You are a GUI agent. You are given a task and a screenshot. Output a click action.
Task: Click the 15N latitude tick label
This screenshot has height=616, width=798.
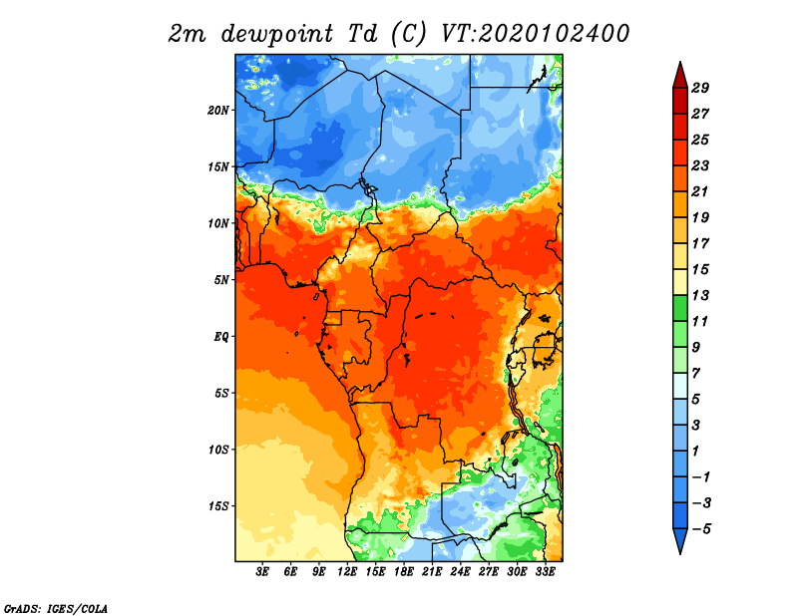tap(218, 166)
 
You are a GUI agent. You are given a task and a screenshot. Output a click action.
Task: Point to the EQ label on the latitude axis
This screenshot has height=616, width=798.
tap(221, 336)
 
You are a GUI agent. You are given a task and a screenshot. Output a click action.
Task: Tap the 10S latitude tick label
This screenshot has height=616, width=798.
tap(218, 450)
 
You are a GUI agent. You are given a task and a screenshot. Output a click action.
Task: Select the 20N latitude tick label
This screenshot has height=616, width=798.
tap(218, 111)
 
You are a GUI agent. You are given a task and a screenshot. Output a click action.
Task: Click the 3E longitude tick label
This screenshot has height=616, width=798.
tap(262, 572)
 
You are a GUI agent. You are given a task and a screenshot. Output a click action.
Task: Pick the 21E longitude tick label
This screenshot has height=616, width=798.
tap(432, 572)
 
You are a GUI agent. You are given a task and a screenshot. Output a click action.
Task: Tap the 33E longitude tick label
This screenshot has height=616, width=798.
tap(545, 572)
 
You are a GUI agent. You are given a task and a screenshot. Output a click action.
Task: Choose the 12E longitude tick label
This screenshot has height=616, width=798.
tap(347, 572)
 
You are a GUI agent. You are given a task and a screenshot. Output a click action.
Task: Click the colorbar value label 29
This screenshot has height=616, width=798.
tap(700, 88)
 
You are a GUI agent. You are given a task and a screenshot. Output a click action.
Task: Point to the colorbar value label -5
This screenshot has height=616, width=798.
tap(701, 529)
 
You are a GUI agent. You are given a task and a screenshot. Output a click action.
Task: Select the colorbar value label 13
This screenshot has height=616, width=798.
tap(700, 295)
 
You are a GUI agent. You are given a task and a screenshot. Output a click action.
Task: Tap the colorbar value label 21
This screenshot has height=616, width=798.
tap(700, 191)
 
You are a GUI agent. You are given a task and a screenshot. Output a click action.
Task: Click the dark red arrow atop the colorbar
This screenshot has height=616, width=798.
tap(680, 77)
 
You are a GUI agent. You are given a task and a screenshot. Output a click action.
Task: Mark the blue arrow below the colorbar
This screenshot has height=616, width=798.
tap(680, 539)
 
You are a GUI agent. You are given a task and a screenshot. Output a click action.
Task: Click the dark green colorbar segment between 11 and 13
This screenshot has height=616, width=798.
tap(680, 308)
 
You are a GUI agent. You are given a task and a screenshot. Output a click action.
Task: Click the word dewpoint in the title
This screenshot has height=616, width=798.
tap(277, 34)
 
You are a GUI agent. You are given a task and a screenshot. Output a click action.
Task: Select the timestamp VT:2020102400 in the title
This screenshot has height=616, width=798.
tap(535, 34)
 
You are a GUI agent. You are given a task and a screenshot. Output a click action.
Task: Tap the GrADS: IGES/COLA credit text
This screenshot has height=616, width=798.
tap(56, 608)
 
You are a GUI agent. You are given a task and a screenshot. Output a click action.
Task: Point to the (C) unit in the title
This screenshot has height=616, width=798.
tap(408, 34)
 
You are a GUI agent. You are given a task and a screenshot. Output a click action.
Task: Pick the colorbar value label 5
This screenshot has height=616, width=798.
tap(695, 400)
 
